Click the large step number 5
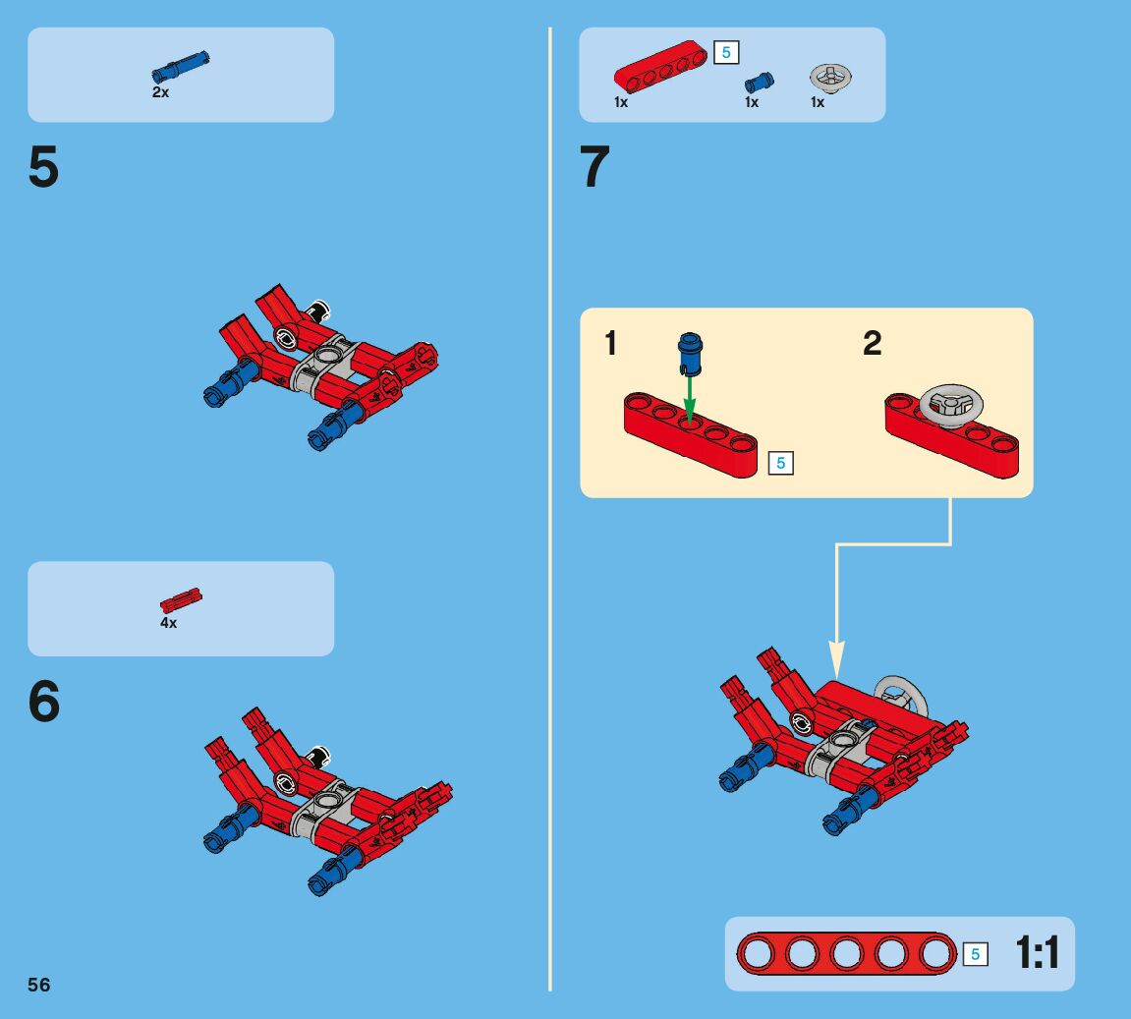tap(43, 167)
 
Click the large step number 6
tap(44, 701)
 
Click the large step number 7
tap(594, 167)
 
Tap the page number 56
tap(39, 986)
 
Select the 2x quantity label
tap(161, 92)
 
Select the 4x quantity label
tap(168, 622)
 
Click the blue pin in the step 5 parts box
tap(181, 67)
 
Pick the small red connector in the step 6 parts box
tap(181, 600)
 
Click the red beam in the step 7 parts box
tap(660, 67)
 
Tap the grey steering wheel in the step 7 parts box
tap(831, 78)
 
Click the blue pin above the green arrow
tap(690, 354)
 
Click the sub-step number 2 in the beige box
tap(872, 343)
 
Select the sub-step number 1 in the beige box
tap(611, 343)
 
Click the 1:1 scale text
tap(1038, 952)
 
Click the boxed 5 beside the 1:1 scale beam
tap(975, 955)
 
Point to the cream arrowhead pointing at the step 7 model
tap(837, 658)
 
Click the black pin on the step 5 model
tap(317, 311)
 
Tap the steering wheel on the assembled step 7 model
tap(902, 695)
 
